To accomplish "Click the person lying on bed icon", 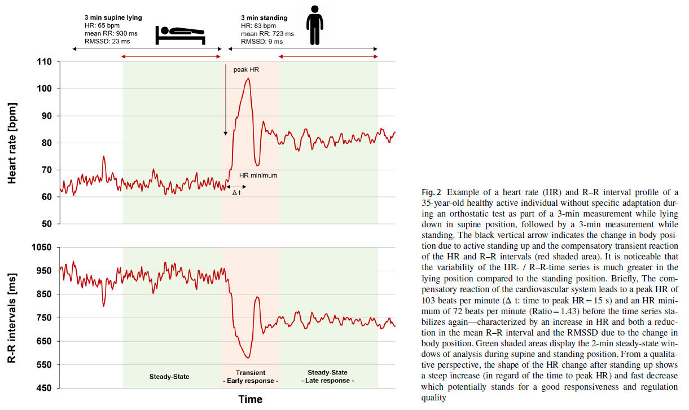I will click(x=180, y=36).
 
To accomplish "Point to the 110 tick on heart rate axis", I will click(x=44, y=62).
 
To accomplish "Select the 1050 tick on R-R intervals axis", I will click(x=41, y=248).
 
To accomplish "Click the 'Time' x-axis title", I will click(x=250, y=400).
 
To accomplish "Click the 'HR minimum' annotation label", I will click(x=258, y=175).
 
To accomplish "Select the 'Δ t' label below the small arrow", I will click(x=236, y=192).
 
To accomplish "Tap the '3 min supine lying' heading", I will click(x=110, y=18).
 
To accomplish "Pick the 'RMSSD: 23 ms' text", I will click(x=107, y=41).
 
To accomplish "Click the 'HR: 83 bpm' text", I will click(x=258, y=26).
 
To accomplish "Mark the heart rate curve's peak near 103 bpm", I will click(x=247, y=78).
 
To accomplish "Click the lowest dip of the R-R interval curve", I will click(x=248, y=358).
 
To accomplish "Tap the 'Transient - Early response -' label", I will click(x=250, y=377).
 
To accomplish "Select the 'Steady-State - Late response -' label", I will click(x=328, y=376).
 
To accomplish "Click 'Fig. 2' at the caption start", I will click(x=431, y=192).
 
